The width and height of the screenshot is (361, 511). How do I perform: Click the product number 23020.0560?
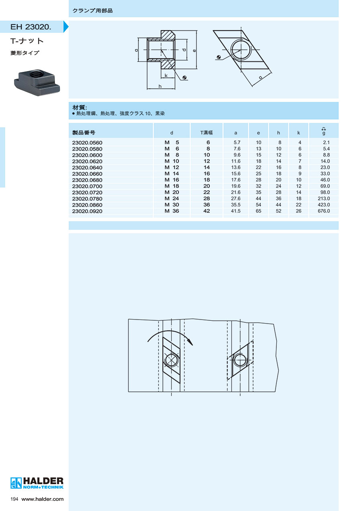click(87, 143)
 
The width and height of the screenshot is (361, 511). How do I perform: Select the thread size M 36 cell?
click(172, 211)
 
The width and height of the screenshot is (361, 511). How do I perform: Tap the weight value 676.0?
click(324, 211)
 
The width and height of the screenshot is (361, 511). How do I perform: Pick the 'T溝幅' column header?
click(206, 132)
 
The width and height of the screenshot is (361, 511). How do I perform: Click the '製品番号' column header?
click(83, 132)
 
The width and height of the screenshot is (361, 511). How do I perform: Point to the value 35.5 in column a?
click(235, 205)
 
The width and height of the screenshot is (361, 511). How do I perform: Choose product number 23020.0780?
click(87, 199)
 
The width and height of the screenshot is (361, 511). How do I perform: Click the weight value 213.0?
click(324, 199)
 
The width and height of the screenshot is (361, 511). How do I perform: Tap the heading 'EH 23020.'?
click(31, 27)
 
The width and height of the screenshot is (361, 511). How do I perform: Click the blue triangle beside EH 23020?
click(66, 26)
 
